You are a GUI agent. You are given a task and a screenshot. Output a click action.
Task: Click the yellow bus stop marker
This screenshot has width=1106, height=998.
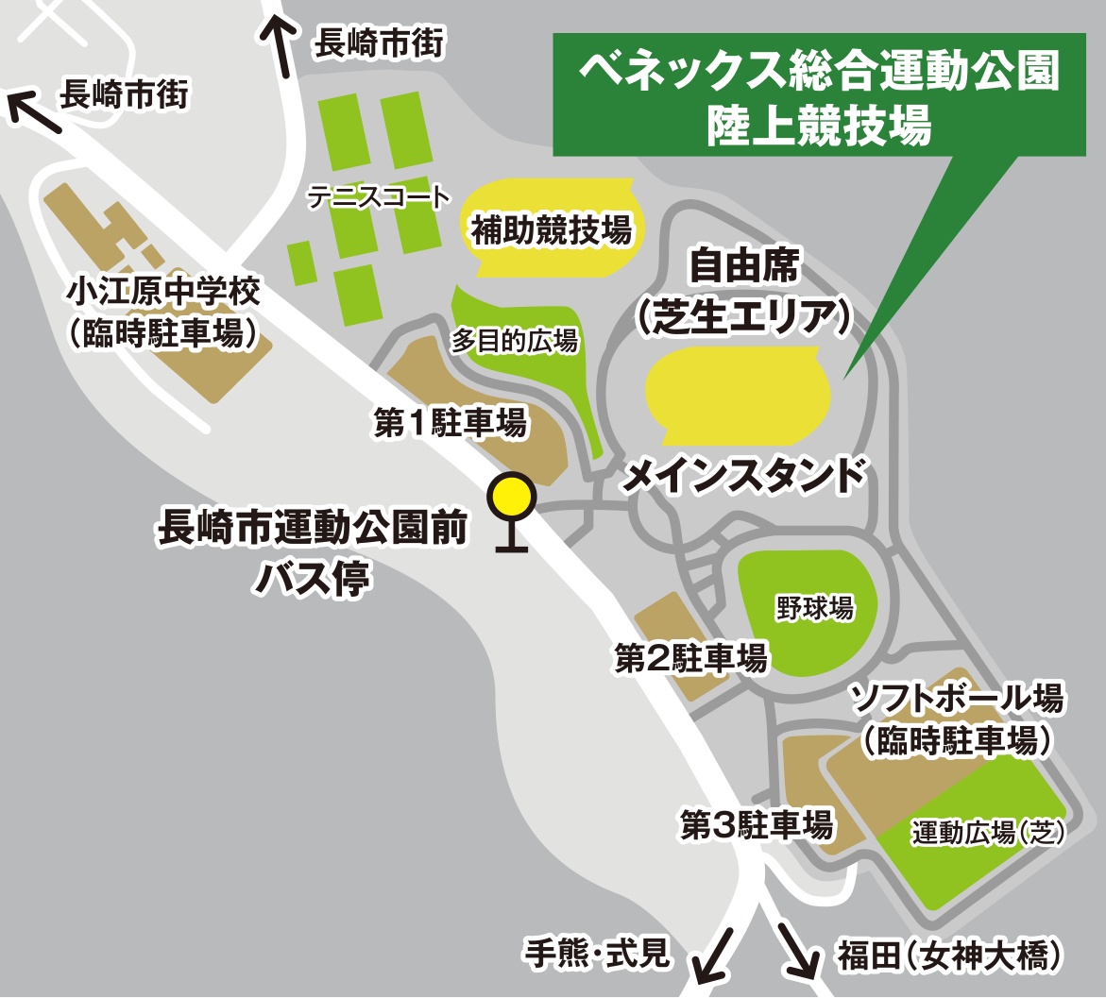coord(512,495)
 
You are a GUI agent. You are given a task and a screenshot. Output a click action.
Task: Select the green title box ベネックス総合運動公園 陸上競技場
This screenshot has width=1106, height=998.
coord(819,97)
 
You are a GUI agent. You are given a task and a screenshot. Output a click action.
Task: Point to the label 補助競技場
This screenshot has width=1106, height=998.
coord(552,229)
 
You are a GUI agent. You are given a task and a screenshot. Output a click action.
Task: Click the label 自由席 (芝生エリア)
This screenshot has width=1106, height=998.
coord(744,293)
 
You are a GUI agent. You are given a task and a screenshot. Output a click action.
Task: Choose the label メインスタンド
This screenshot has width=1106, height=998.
coord(743,475)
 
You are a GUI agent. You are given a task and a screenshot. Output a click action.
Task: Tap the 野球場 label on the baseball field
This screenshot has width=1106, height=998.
coord(814,608)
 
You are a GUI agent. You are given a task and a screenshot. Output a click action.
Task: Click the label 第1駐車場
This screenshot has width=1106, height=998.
coord(450,424)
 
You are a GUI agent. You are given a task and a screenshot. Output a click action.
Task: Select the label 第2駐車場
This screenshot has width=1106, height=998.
coord(690,658)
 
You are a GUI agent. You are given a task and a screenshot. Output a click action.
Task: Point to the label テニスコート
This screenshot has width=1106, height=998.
coord(380,197)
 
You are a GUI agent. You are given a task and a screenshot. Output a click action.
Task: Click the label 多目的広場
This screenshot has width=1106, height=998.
coord(514,340)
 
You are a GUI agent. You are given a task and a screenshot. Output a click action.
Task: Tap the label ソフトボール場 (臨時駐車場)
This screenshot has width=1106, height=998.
coord(957,719)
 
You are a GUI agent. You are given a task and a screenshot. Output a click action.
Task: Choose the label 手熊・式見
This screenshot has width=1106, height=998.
coord(597,954)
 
